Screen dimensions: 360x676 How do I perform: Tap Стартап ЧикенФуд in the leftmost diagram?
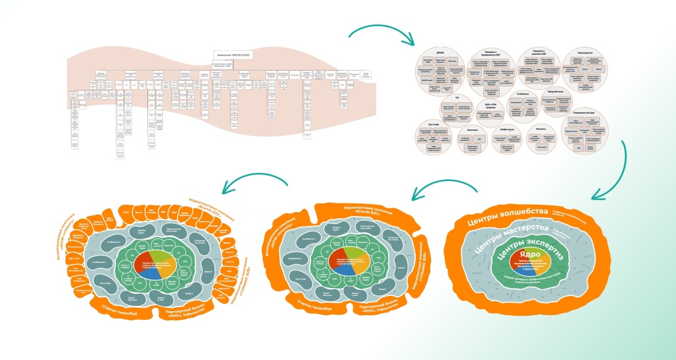click(118, 308)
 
